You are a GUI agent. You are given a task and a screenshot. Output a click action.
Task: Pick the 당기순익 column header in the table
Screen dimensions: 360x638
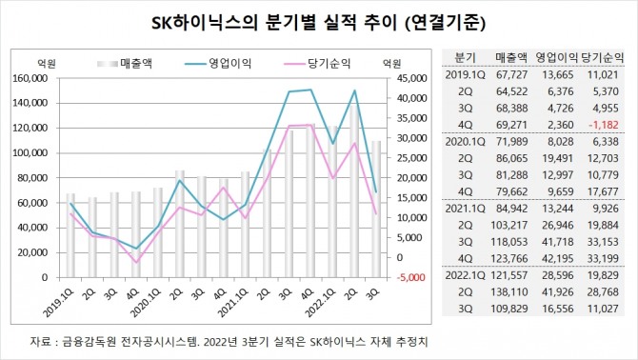click(607, 56)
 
